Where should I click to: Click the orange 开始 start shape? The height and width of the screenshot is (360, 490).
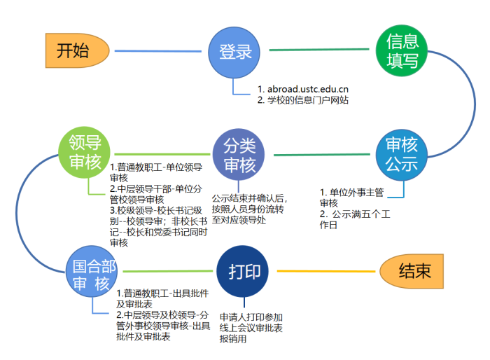77,50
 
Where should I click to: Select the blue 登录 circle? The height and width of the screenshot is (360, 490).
234,53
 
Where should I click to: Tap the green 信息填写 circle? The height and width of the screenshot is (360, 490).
402,50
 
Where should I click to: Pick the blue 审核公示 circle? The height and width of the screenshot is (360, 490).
402,155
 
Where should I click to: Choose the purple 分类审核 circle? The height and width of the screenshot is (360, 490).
239,155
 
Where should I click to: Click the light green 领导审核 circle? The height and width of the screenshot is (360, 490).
85,152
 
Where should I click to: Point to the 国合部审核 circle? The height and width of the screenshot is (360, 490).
92,271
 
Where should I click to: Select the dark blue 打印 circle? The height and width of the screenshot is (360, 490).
242,271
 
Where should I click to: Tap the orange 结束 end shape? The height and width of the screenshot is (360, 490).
412,271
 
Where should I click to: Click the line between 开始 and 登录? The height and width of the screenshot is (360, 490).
158,51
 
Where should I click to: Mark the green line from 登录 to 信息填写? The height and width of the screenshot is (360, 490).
319,50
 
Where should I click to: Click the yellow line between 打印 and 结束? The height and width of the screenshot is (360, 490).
326,271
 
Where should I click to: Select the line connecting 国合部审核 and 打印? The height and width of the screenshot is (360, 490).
168,271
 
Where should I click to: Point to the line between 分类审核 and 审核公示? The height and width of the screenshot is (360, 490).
322,155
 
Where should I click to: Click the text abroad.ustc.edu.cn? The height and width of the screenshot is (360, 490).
308,89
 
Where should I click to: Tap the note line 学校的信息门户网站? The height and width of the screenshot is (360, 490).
308,100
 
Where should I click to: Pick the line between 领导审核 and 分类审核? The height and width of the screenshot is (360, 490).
162,154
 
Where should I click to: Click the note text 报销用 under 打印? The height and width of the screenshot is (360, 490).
233,339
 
